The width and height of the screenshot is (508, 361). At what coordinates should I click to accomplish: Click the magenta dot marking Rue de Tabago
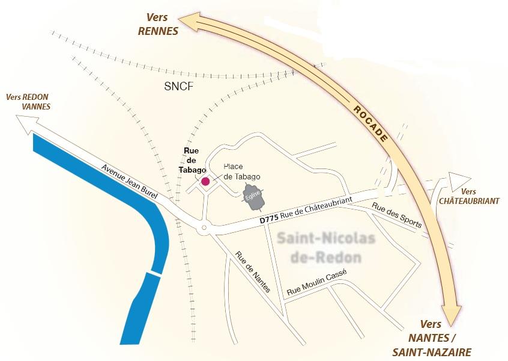(205, 180)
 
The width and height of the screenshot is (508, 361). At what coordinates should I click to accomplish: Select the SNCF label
(179, 86)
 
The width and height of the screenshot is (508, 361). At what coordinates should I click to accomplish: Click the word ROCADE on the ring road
(370, 124)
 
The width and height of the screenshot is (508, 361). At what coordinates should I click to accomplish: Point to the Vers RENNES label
(159, 24)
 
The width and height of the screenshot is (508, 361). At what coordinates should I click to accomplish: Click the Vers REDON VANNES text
(27, 102)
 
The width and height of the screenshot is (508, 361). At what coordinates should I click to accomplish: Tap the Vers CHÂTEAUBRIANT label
(469, 196)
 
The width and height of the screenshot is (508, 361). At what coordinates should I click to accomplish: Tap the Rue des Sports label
(396, 215)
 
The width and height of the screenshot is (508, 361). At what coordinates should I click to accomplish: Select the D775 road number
(270, 220)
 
